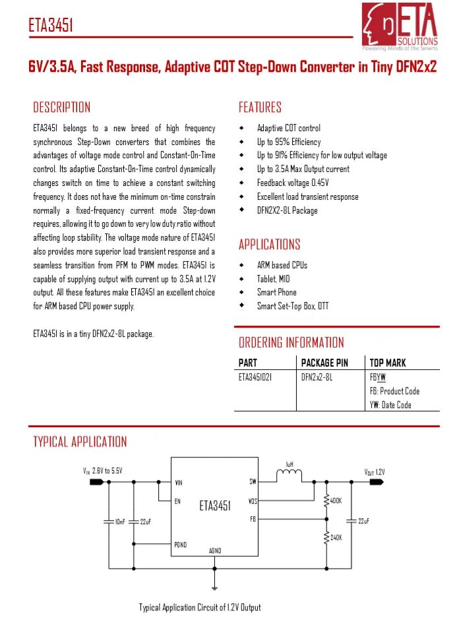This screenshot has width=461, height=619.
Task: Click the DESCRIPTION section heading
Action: [x=62, y=107]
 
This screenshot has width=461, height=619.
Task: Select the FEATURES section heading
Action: [x=260, y=107]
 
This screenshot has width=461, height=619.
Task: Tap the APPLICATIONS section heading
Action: [x=269, y=245]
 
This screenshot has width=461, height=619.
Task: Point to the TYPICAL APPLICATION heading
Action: [x=80, y=442]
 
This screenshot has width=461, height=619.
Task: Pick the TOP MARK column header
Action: [x=388, y=363]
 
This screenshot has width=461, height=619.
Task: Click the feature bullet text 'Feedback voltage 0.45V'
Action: [x=293, y=183]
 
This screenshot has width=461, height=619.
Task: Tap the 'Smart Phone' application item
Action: [x=277, y=292]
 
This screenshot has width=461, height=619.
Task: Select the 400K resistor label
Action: [x=336, y=501]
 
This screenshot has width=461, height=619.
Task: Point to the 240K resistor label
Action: [x=336, y=538]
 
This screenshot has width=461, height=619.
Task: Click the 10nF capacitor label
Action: [x=120, y=521]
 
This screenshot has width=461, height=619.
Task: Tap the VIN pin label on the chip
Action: [x=178, y=483]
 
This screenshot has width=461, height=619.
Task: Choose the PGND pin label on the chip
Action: [x=180, y=545]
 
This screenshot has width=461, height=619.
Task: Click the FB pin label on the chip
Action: [x=253, y=519]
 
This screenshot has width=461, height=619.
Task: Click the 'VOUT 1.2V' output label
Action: [x=375, y=472]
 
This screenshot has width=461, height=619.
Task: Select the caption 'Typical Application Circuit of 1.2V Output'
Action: [x=200, y=607]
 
